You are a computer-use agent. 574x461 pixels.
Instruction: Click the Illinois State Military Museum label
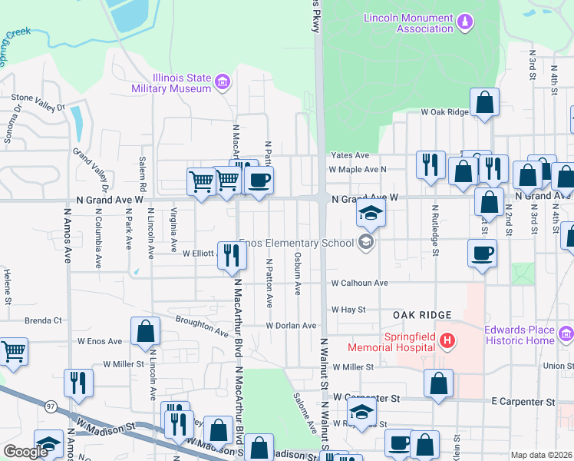(170, 83)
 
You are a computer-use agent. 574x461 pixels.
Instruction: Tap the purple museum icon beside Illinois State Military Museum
(223, 81)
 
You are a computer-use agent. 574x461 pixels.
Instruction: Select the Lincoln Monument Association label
(407, 23)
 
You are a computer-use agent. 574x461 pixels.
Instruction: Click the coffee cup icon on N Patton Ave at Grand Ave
(259, 181)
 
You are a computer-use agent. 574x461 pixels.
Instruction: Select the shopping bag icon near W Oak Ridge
(484, 101)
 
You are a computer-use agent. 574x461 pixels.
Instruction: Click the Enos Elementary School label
(299, 244)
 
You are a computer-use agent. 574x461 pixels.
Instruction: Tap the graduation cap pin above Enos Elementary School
(371, 213)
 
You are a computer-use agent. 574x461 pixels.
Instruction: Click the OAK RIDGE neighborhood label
(420, 315)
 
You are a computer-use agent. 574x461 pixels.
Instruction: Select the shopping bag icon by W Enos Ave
(145, 330)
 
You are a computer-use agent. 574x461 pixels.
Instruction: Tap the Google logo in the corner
(25, 452)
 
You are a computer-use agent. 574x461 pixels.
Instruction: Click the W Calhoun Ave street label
(360, 283)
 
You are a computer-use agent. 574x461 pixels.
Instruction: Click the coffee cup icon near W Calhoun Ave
(483, 253)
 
